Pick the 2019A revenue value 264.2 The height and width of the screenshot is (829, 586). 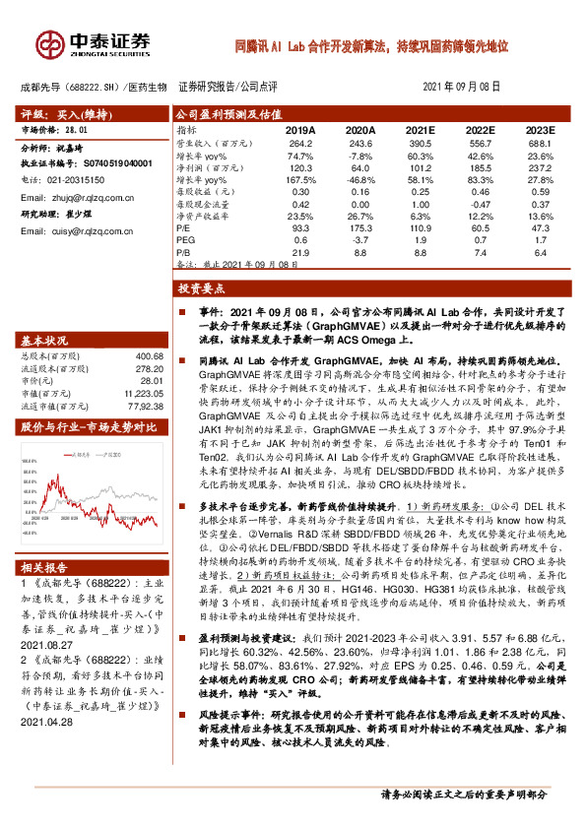299,143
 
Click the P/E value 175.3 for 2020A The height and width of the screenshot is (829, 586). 360,226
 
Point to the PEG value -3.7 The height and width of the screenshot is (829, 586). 360,239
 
